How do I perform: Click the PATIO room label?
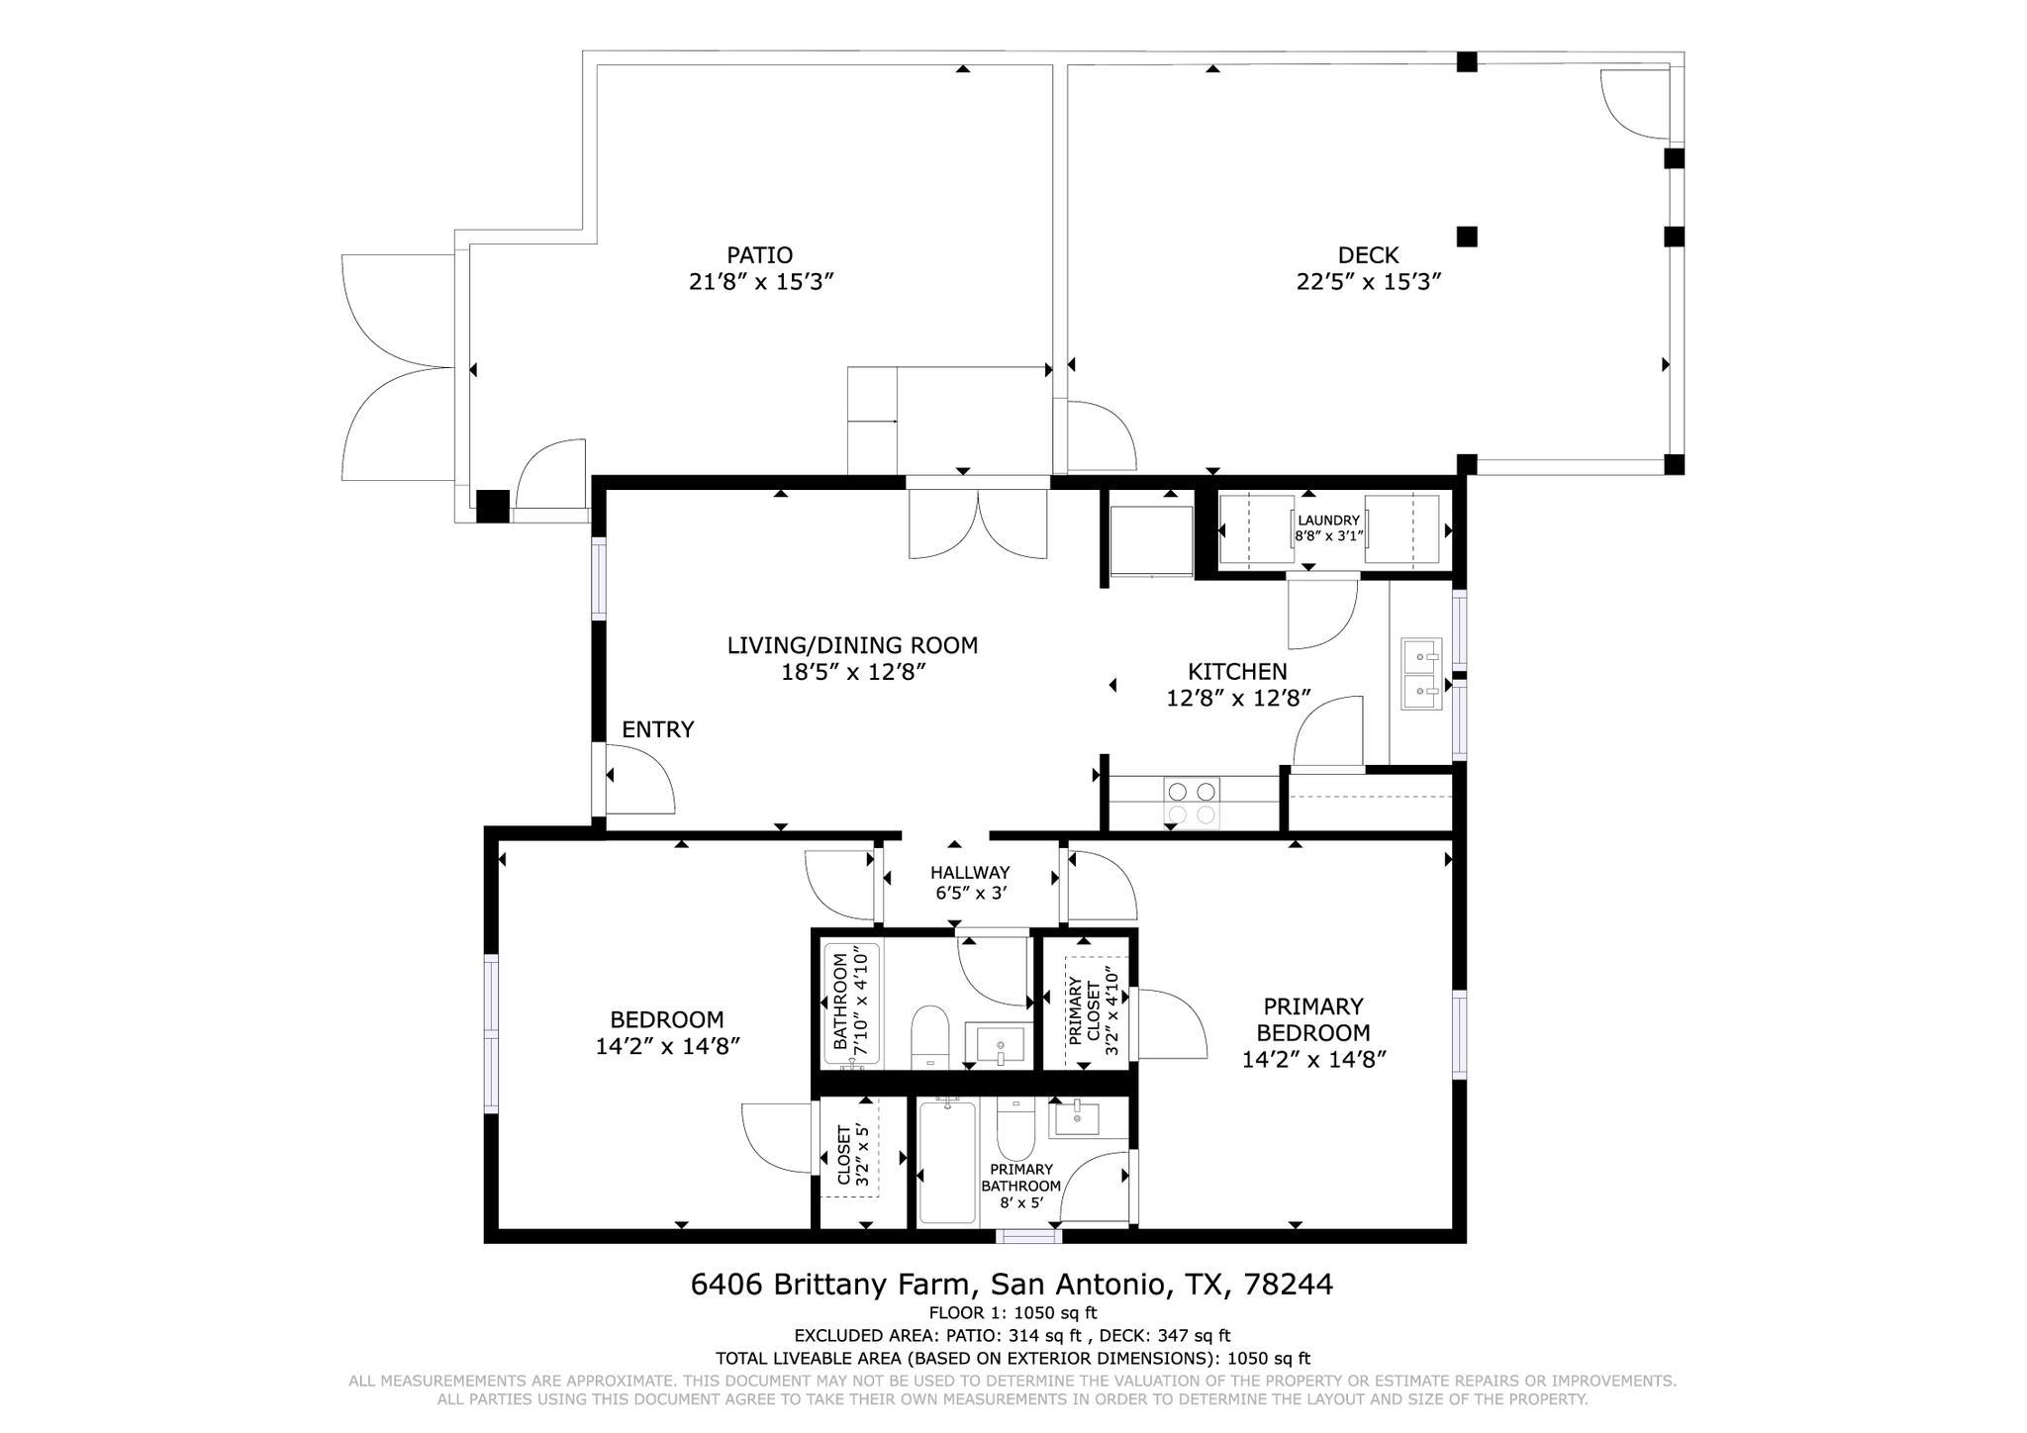pos(759,255)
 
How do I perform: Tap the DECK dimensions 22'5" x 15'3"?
pos(1368,282)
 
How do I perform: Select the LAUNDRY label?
pos(1328,521)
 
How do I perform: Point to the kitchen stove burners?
pos(1192,803)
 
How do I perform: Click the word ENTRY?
pos(657,729)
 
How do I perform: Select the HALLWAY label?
pos(969,873)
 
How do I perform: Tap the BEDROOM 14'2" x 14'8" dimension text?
pos(667,1046)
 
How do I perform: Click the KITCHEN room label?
pos(1237,671)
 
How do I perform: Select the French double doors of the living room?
pos(978,523)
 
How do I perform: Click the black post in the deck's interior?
pos(1467,237)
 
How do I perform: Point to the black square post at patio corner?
pos(492,506)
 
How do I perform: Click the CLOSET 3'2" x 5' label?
pos(852,1154)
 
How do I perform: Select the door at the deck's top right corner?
pos(1636,104)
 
